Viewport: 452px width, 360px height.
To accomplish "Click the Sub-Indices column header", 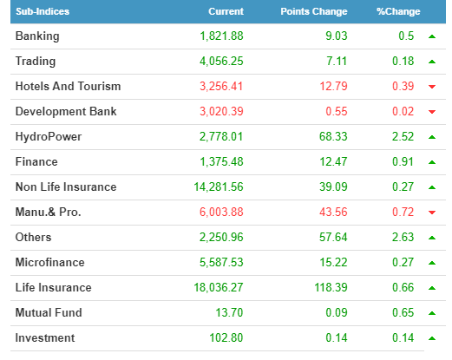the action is pos(43,11).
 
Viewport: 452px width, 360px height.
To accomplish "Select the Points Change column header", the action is pos(314,11).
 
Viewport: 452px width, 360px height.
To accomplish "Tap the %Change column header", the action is pos(398,11).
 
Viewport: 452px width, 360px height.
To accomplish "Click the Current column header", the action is pos(226,11).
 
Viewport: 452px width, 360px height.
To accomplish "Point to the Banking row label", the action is pos(37,36).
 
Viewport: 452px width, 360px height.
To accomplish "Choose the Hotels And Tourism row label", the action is pos(68,86).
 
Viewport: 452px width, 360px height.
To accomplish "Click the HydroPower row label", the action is pos(49,137).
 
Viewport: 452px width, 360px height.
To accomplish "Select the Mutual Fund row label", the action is pos(49,312).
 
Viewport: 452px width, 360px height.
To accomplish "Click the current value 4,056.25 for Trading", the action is pos(221,62).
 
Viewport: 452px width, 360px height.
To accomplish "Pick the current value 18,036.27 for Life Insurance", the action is pos(219,288).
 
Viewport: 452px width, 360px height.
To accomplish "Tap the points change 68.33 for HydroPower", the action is pos(333,136).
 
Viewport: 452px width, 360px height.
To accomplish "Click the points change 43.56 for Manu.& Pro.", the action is pos(333,212).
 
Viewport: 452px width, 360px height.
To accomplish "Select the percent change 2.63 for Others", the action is pos(403,237).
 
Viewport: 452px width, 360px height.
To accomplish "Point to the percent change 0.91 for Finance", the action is pos(403,161).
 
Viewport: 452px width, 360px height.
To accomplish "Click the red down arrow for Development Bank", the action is pos(432,112).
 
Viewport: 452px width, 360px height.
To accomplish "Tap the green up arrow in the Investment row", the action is pos(432,338).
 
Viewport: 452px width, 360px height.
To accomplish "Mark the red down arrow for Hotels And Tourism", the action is pos(432,87).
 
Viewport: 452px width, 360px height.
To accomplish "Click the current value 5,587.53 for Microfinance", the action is pos(221,263).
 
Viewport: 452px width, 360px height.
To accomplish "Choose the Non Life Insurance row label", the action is pos(66,187).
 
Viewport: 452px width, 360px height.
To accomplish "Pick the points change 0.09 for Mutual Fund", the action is pos(337,312).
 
